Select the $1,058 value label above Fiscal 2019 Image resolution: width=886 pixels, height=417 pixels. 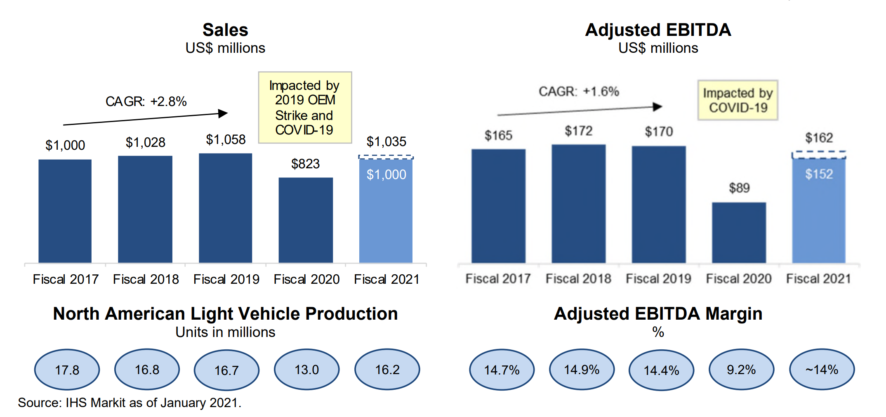(226, 140)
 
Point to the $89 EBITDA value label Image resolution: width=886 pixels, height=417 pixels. (739, 188)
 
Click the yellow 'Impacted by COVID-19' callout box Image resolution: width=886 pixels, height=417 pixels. (738, 100)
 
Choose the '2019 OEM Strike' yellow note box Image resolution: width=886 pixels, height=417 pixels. (305, 108)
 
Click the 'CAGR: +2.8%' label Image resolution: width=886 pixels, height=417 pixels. (146, 101)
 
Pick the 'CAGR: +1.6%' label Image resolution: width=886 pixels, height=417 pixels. (579, 92)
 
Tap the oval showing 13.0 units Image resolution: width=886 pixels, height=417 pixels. (306, 370)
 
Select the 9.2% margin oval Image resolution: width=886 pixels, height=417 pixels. (741, 370)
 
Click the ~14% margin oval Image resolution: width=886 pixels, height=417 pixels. (822, 370)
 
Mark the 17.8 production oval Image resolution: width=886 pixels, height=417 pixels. (67, 370)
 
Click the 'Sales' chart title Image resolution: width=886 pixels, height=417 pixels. (225, 30)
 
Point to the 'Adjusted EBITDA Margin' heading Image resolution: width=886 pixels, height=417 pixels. (658, 314)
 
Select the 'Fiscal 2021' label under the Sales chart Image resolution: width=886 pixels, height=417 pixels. (386, 279)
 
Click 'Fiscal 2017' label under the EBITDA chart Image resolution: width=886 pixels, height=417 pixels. (498, 279)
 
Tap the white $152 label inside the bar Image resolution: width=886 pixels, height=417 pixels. (819, 174)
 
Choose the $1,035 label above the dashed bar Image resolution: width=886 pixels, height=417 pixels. (386, 142)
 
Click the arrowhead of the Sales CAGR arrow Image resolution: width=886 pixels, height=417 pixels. (223, 113)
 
